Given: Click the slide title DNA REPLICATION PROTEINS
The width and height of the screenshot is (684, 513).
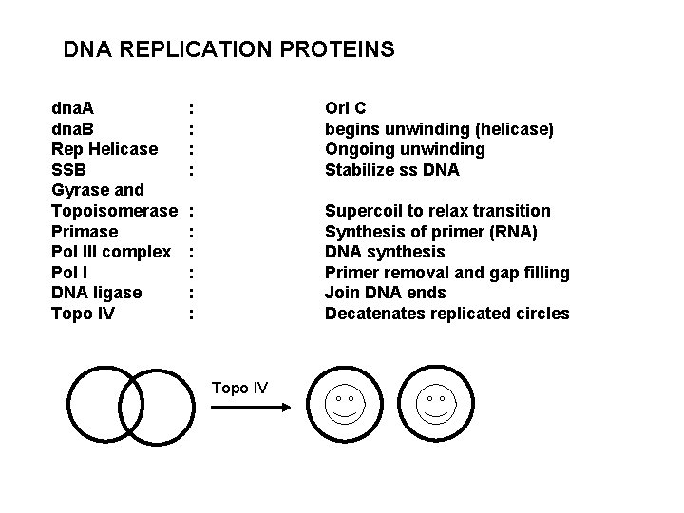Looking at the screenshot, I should tap(228, 48).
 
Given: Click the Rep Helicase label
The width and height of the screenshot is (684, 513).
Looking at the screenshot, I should tap(104, 149).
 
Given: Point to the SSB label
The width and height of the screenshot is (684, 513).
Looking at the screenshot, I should tap(68, 170).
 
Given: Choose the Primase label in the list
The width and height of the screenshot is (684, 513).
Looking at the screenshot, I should tap(85, 232).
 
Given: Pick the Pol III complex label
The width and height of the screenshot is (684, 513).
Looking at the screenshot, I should tap(110, 252).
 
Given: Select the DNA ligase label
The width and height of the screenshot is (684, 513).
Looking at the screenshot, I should tap(96, 293).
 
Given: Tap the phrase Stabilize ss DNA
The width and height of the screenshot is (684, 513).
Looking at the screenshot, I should tap(391, 170).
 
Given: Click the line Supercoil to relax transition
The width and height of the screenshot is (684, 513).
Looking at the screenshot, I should tap(437, 211).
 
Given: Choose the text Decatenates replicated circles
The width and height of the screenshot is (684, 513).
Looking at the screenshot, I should tap(446, 313).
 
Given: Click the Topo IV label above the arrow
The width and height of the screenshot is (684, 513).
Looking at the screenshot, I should tap(240, 388).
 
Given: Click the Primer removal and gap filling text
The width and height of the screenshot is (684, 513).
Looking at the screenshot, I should tap(446, 273).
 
